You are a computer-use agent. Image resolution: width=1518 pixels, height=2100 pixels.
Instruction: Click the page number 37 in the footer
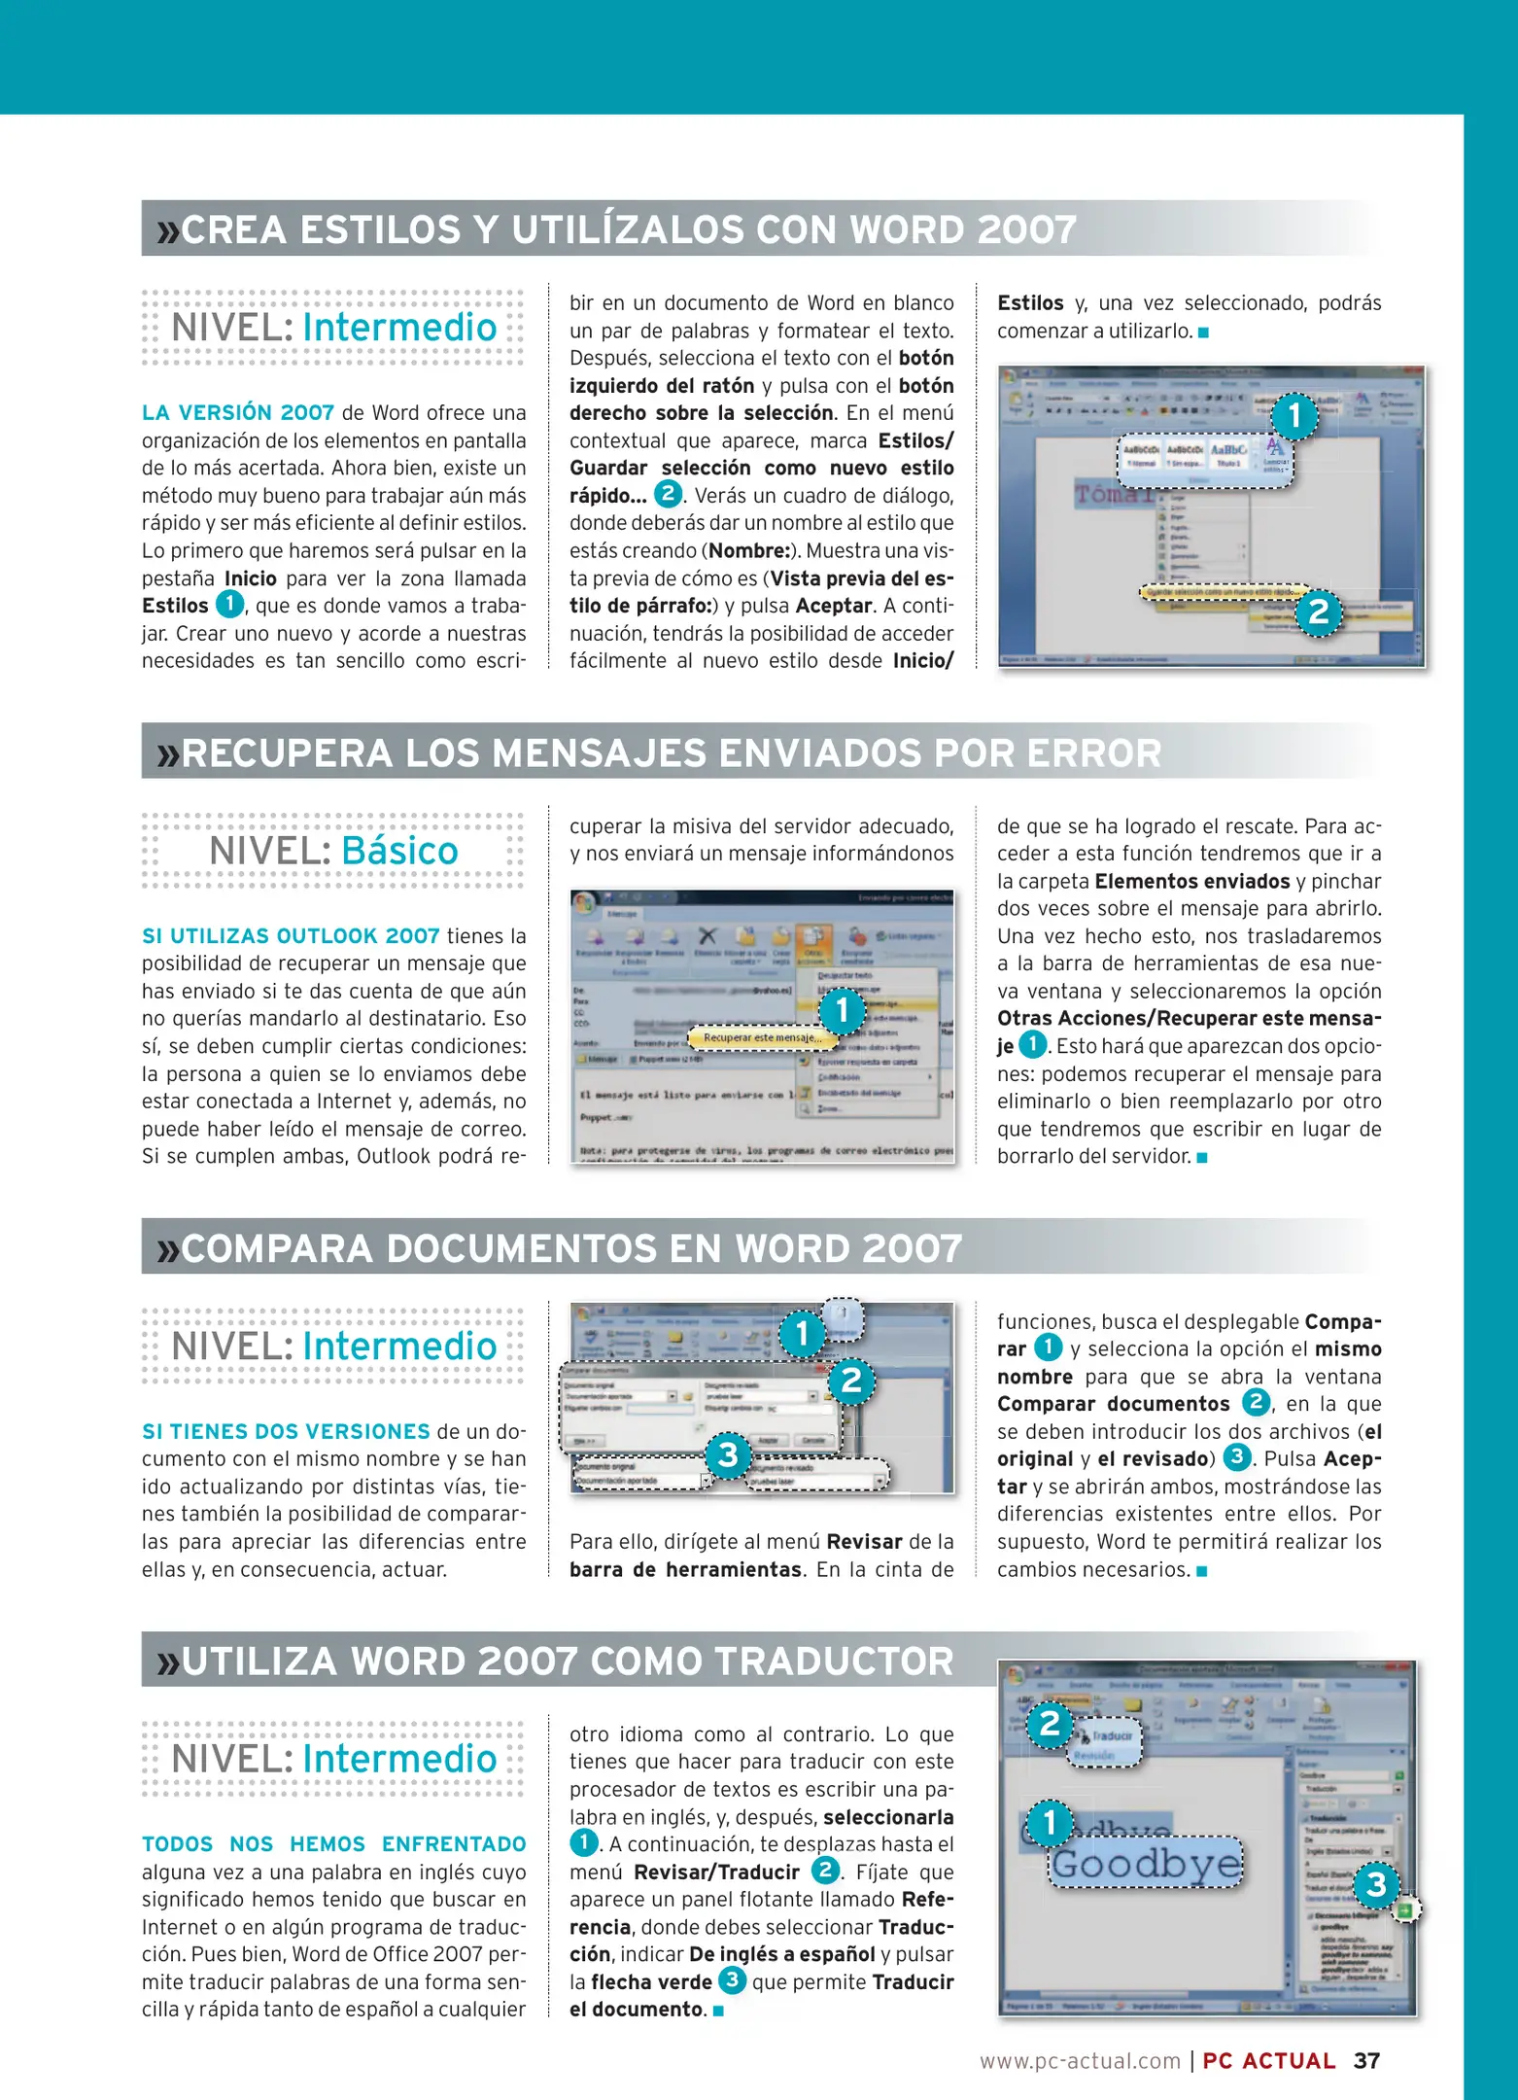1366,2060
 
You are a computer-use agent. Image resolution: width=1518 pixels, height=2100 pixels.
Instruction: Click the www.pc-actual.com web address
1080,2061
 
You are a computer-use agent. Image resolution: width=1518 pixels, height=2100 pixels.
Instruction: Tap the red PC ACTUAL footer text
1268,2061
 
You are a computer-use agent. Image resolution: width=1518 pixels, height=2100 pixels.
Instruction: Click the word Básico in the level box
399,851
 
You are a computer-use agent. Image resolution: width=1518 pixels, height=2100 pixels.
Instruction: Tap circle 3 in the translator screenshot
1376,1885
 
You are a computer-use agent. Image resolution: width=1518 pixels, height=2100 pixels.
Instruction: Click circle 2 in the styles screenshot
1318,612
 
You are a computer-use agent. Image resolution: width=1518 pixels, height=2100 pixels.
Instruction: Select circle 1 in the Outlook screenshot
843,1010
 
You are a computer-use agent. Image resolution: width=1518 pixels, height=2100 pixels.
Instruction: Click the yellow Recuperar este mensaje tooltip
762,1038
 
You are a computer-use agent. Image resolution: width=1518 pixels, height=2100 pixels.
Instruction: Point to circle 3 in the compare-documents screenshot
727,1455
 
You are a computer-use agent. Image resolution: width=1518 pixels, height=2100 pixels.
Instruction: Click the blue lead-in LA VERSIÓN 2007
238,413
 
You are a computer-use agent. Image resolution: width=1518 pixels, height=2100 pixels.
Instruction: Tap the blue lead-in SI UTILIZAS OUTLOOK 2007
291,936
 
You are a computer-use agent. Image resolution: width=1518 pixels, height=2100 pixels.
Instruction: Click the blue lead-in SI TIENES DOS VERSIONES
286,1431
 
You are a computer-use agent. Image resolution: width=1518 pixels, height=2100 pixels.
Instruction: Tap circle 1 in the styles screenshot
1294,416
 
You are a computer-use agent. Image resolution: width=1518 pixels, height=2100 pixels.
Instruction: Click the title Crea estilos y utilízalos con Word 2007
628,230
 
